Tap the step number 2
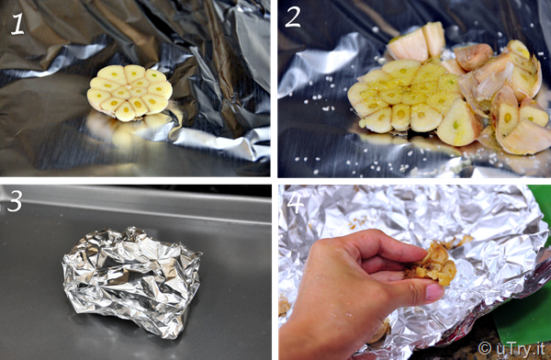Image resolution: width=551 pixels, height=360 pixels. click(x=293, y=17)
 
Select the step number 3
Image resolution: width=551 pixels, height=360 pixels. click(x=15, y=201)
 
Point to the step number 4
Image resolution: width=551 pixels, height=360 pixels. click(x=295, y=203)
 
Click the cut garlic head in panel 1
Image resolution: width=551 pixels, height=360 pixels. click(x=129, y=93)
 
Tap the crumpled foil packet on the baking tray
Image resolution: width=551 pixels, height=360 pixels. click(x=131, y=280)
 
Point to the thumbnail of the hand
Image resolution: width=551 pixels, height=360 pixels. click(x=434, y=291)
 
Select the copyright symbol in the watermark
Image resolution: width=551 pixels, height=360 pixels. click(x=485, y=348)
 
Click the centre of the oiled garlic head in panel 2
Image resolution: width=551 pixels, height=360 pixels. click(x=408, y=95)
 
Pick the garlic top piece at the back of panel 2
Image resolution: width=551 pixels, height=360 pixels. click(x=416, y=42)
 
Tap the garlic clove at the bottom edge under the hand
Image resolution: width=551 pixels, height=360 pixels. click(x=378, y=332)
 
